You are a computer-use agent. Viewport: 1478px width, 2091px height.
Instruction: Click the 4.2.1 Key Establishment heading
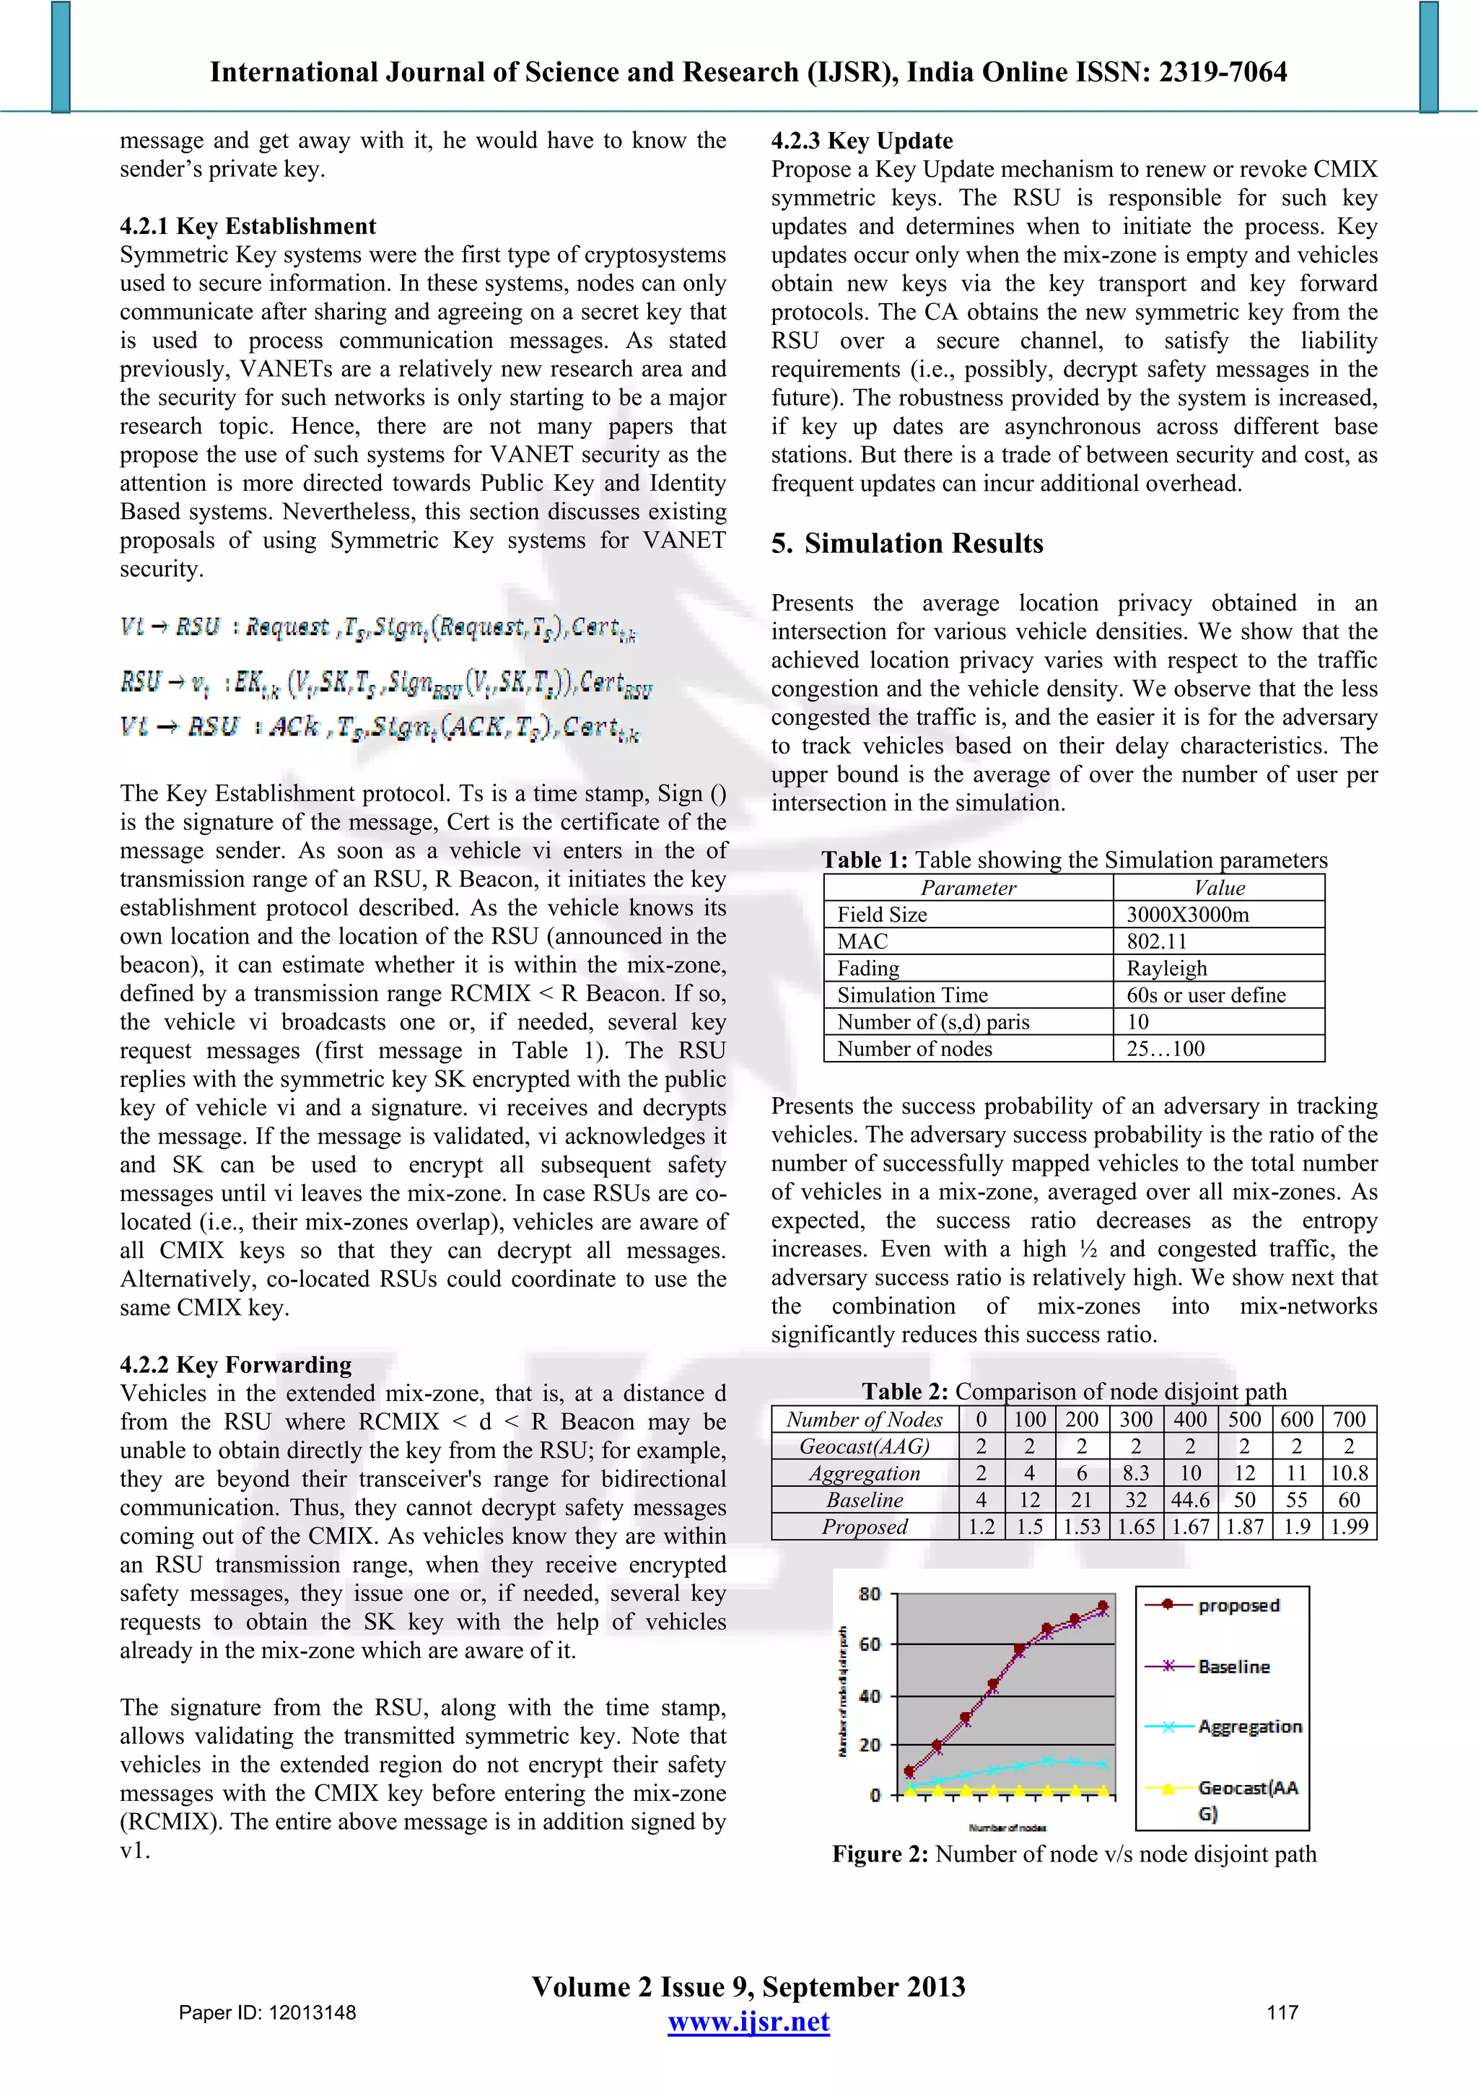[248, 226]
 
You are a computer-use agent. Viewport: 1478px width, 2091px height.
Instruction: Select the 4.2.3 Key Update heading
[862, 140]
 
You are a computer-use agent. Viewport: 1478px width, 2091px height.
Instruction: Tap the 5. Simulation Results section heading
[907, 544]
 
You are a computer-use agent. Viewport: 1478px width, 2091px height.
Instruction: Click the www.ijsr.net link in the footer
[748, 2022]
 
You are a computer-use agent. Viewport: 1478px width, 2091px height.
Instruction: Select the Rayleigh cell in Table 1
[1166, 968]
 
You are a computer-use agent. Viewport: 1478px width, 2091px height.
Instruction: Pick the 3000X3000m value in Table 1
[1186, 914]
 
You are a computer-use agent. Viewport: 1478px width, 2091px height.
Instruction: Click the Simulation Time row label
[911, 995]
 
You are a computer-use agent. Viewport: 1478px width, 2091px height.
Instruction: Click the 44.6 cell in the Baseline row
[1190, 1500]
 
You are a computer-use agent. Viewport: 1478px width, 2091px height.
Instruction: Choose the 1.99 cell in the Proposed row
[1349, 1527]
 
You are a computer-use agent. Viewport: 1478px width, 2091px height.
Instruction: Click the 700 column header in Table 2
[1349, 1420]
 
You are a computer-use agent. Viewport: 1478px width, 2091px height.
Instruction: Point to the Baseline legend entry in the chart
[1233, 1667]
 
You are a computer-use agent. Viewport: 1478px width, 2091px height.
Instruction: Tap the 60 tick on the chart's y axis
[870, 1643]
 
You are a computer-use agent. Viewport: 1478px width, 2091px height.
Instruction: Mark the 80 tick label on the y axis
[870, 1594]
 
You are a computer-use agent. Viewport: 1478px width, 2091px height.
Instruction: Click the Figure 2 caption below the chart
[1074, 1854]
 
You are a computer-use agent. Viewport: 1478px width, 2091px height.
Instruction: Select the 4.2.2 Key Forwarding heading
[235, 1364]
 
